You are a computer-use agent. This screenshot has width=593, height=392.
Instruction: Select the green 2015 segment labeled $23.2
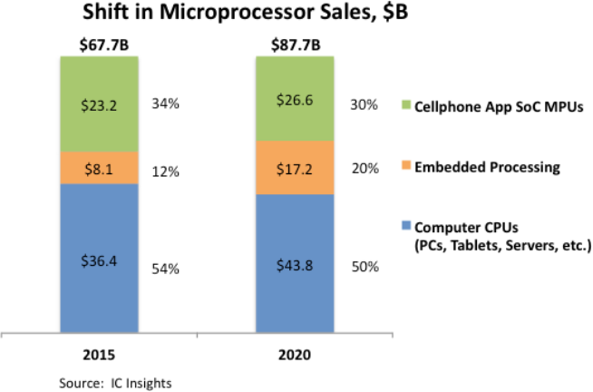coord(100,104)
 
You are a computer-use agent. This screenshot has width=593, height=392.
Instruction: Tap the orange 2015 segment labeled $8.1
coord(100,167)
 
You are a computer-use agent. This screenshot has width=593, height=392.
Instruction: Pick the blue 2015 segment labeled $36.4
coord(100,258)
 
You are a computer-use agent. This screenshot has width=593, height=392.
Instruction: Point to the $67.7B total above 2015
coord(100,44)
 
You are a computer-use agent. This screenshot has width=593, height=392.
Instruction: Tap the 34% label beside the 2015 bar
coord(165,103)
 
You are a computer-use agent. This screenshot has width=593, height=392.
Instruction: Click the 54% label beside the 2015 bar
coord(165,269)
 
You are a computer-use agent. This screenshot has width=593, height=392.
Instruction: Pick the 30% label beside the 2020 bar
coord(365,103)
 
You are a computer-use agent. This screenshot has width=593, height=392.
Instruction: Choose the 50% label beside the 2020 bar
coord(365,269)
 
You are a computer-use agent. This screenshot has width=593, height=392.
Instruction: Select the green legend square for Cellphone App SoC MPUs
coord(405,105)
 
